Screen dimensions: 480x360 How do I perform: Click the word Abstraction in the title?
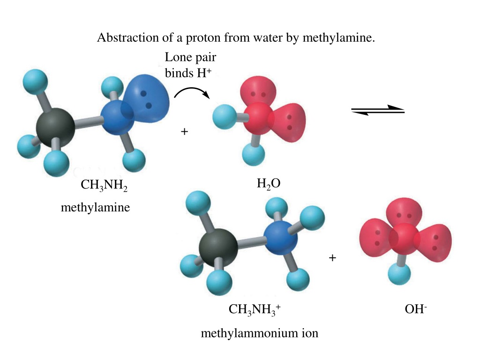[x=127, y=37]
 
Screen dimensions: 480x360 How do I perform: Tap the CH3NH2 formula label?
[x=104, y=185]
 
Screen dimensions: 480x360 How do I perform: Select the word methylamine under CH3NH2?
[x=96, y=208]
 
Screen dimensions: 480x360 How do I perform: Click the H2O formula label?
[x=269, y=184]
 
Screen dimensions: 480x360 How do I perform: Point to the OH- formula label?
[x=416, y=308]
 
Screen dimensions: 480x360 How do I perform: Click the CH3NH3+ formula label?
[x=255, y=309]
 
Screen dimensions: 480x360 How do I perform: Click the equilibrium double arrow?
[x=378, y=110]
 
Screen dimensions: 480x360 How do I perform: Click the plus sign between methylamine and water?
[x=184, y=132]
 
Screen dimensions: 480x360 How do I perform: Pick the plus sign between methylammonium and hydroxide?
[x=332, y=258]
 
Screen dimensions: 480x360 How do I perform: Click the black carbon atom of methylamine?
[x=55, y=127]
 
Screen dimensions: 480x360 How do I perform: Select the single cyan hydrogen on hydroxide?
[x=399, y=274]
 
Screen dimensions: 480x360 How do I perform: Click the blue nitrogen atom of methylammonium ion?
[x=280, y=239]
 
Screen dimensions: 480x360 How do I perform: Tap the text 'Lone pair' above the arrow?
[x=190, y=57]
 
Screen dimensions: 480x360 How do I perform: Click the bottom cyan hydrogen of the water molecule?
[x=254, y=154]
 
